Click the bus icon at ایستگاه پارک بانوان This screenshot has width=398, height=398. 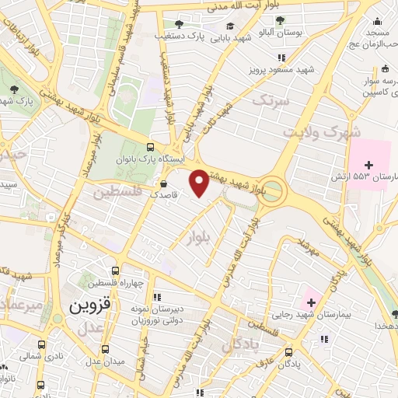click(150, 147)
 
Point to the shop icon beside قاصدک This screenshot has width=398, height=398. click(162, 183)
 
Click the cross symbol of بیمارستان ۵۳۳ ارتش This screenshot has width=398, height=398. click(368, 165)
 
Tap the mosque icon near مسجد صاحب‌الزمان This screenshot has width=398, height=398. click(377, 21)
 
